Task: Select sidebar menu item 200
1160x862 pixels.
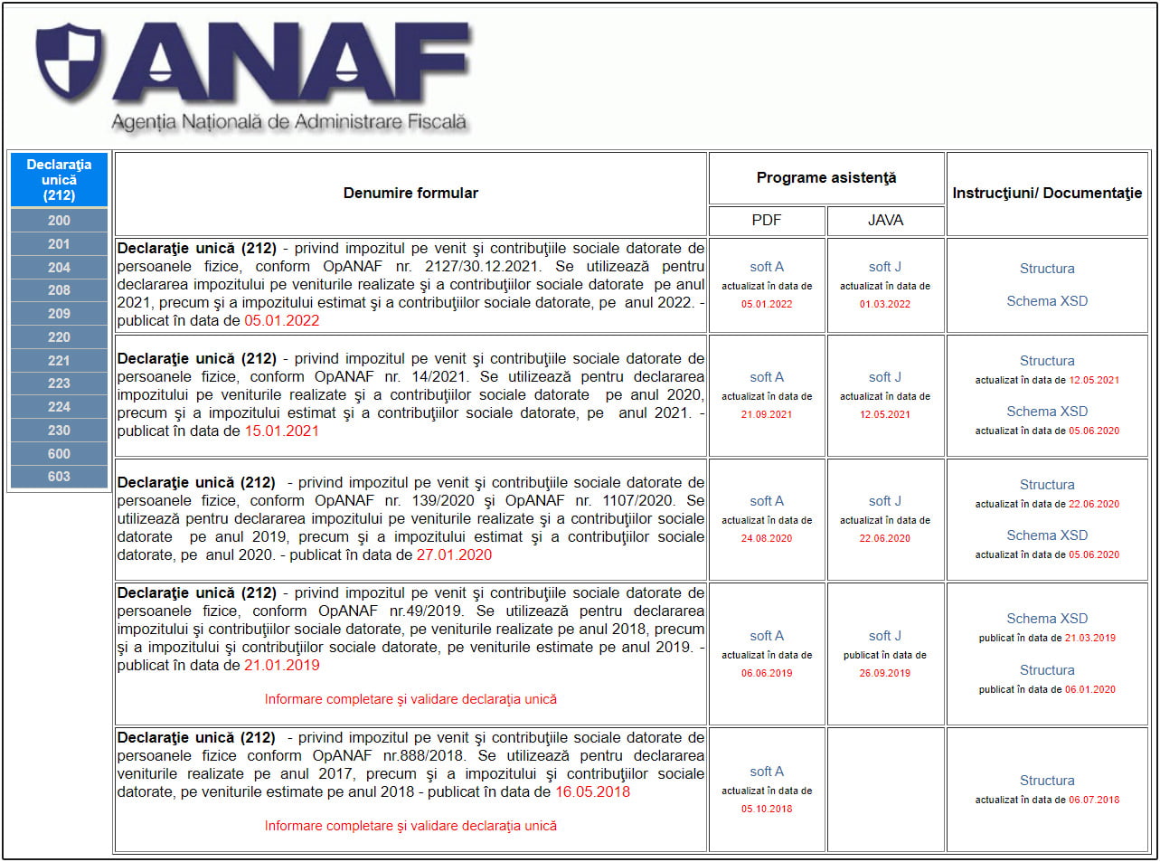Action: [59, 221]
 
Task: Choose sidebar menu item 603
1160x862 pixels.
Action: [59, 477]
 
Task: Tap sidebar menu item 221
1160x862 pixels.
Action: [59, 360]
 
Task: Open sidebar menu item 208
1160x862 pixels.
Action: [59, 290]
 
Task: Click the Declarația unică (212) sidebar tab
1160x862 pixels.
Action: [59, 180]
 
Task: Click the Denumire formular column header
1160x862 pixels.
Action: [410, 193]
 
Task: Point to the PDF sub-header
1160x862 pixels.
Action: [767, 220]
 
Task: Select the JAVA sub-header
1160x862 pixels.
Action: [885, 220]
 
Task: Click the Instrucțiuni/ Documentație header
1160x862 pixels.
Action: [1047, 193]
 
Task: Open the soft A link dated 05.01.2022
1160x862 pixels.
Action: [767, 267]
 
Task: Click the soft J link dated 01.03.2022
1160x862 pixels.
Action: [885, 267]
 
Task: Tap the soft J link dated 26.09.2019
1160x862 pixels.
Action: [885, 636]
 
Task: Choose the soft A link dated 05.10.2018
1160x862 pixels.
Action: [767, 772]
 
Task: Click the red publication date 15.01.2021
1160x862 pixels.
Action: [281, 431]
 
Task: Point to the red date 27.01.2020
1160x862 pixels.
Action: [454, 555]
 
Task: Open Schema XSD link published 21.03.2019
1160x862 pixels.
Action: [1047, 619]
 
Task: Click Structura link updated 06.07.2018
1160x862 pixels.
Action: [1047, 781]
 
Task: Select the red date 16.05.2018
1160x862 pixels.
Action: [592, 792]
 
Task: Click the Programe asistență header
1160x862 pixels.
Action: [826, 178]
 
